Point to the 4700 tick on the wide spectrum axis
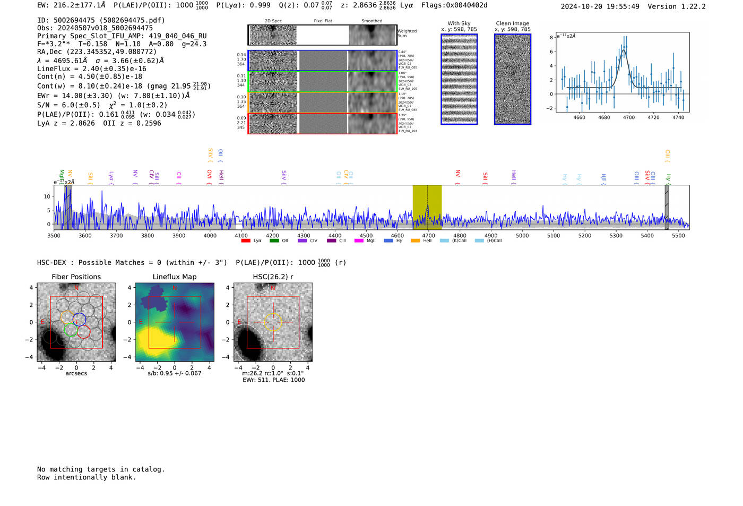point(428,236)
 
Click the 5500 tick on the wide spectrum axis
point(678,236)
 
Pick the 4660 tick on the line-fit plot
point(579,117)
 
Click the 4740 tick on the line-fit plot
point(678,117)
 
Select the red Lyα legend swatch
point(246,241)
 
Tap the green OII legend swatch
point(274,241)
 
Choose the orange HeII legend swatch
point(415,241)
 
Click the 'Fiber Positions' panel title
point(76,277)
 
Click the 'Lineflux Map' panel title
point(175,277)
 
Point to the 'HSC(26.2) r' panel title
point(273,277)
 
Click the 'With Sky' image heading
point(459,23)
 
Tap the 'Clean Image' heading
point(512,23)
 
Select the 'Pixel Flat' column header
point(323,21)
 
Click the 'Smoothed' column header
point(371,21)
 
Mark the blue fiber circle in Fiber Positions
point(79,320)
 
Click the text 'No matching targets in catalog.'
point(101,469)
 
